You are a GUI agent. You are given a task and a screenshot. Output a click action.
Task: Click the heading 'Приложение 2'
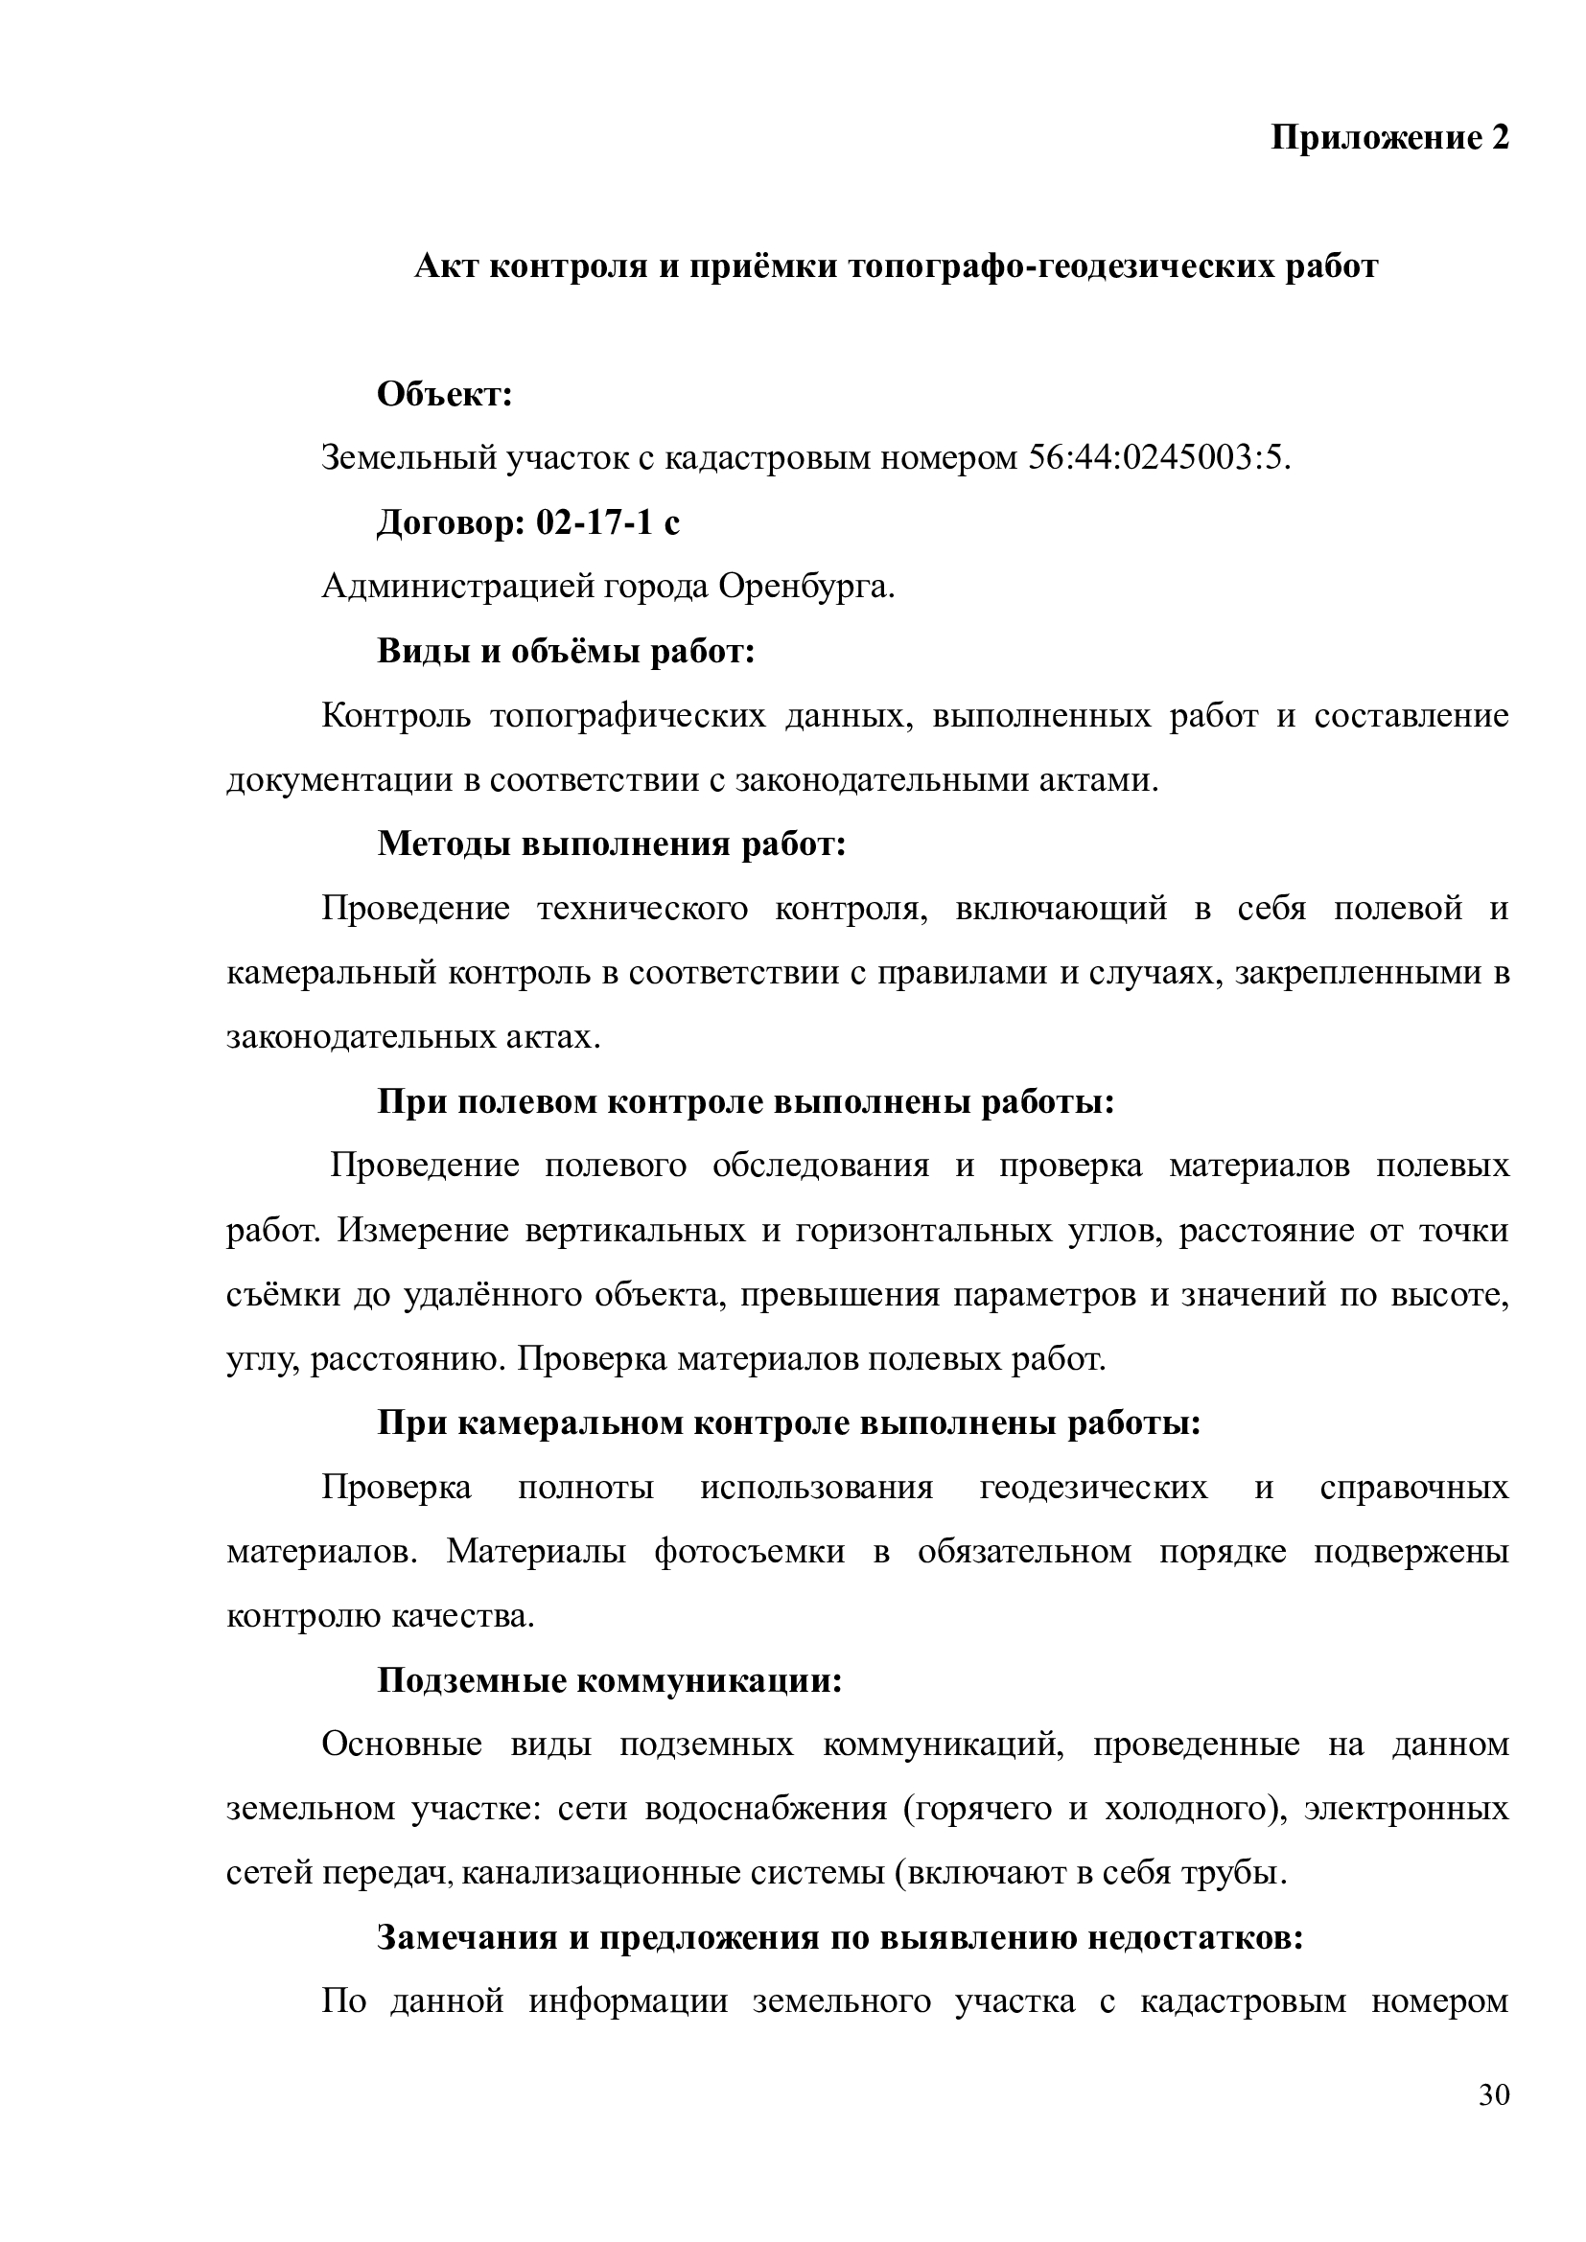click(1389, 139)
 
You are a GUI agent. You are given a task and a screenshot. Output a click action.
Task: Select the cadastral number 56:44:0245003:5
click(1157, 457)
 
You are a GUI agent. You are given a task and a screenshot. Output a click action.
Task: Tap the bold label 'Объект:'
click(445, 395)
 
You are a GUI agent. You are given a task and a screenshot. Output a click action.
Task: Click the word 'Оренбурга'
click(806, 587)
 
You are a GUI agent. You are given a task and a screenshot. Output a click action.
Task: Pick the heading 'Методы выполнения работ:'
click(612, 844)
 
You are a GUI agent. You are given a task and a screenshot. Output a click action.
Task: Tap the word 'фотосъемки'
click(749, 1552)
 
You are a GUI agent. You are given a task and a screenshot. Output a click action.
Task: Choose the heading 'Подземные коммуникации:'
click(610, 1680)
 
